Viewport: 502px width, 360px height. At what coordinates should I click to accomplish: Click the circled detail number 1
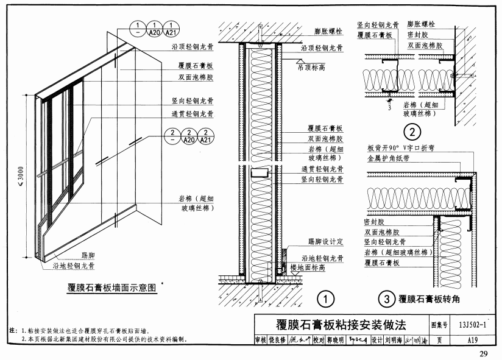pyautogui.click(x=327, y=299)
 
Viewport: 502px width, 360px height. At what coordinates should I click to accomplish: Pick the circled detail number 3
pyautogui.click(x=385, y=299)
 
